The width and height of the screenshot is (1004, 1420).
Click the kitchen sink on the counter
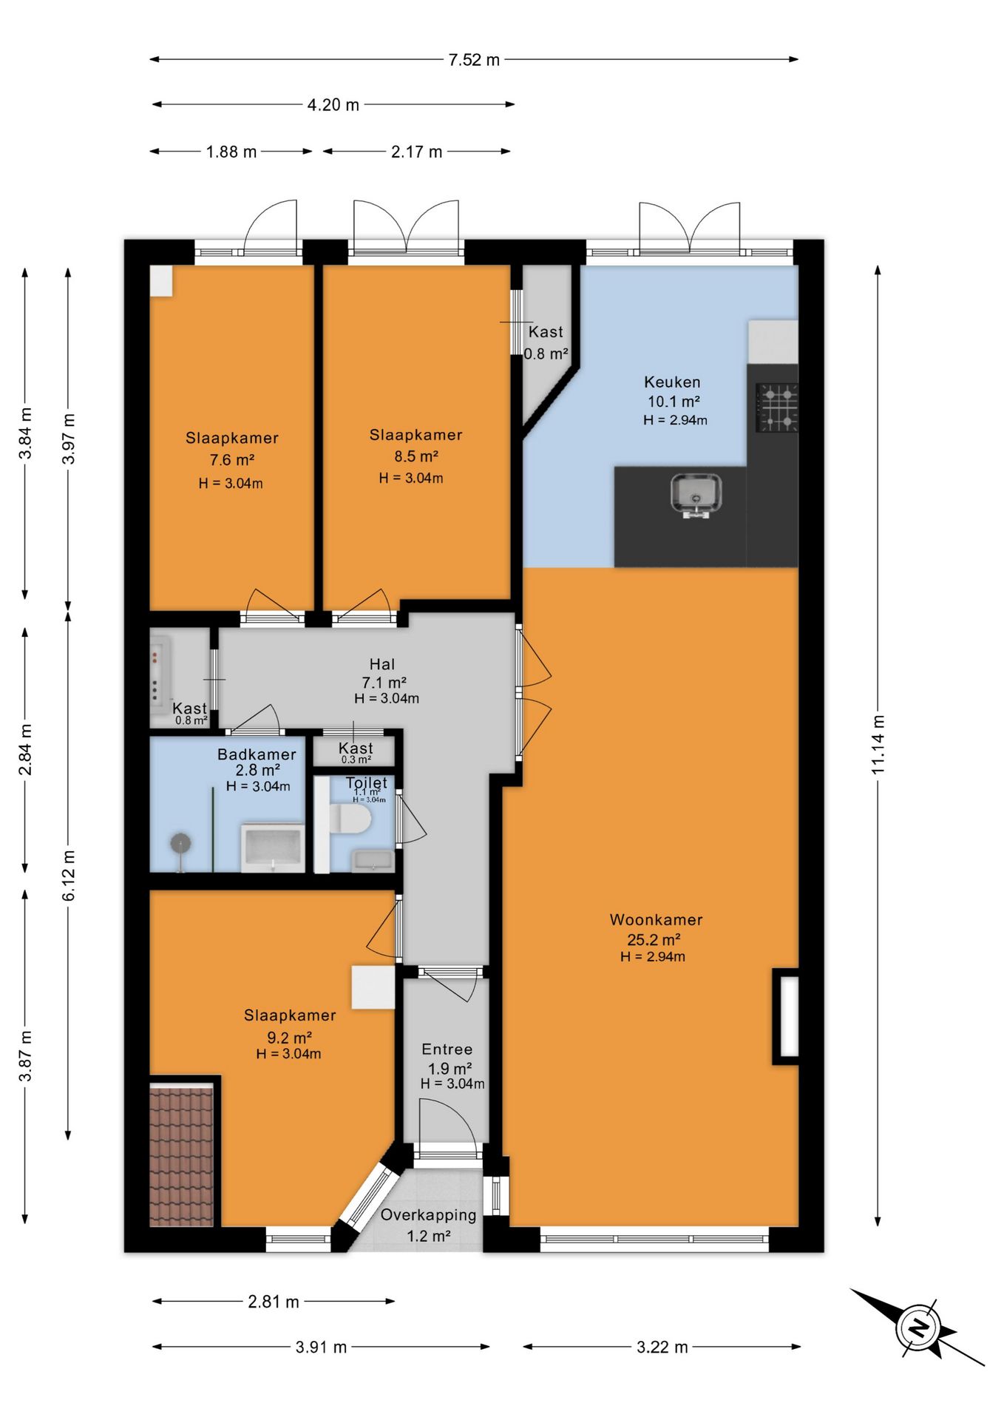(696, 494)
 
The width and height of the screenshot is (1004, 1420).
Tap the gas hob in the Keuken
(776, 408)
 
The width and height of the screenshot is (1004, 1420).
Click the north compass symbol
(917, 1327)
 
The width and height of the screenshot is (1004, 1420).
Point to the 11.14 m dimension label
(878, 745)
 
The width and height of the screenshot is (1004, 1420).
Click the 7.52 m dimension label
(474, 60)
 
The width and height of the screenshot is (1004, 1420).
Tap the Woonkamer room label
(656, 920)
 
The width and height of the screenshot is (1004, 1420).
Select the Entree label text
(447, 1049)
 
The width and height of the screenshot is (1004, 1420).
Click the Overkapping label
(428, 1215)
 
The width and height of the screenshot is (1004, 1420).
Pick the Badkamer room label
(257, 754)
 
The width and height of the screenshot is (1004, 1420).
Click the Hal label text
(382, 664)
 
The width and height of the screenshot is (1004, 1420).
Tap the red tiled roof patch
(182, 1154)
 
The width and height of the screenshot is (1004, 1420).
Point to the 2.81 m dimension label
(274, 1302)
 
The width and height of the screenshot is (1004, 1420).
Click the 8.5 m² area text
(416, 456)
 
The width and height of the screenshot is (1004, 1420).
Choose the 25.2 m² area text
(654, 940)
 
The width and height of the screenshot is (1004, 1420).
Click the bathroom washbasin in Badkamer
(273, 848)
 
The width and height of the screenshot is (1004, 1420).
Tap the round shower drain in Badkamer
(180, 843)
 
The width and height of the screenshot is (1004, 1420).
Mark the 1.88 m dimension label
(231, 152)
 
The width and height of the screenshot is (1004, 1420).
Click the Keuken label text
(672, 382)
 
